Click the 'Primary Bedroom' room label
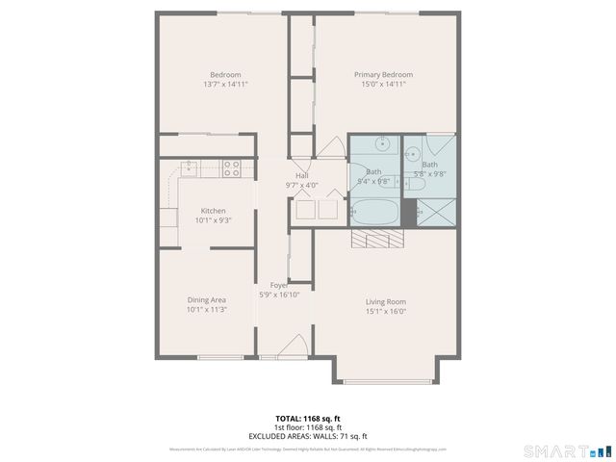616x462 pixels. pyautogui.click(x=383, y=75)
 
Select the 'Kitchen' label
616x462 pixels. pyautogui.click(x=213, y=211)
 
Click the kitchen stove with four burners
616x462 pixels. pyautogui.click(x=232, y=168)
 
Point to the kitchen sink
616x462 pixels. pyautogui.click(x=190, y=168)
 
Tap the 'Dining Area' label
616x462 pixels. pyautogui.click(x=206, y=300)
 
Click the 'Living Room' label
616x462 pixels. pyautogui.click(x=385, y=301)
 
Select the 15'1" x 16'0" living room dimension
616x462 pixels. pyautogui.click(x=385, y=311)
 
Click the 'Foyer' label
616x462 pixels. pyautogui.click(x=279, y=286)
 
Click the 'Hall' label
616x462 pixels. pyautogui.click(x=302, y=176)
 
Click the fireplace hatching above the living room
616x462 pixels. pyautogui.click(x=372, y=240)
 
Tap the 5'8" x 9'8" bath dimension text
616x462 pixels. pyautogui.click(x=429, y=174)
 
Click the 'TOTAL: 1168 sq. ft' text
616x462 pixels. pyautogui.click(x=308, y=419)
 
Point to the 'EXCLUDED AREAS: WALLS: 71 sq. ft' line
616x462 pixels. pyautogui.click(x=308, y=436)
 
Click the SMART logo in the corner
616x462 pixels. pyautogui.click(x=566, y=450)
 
